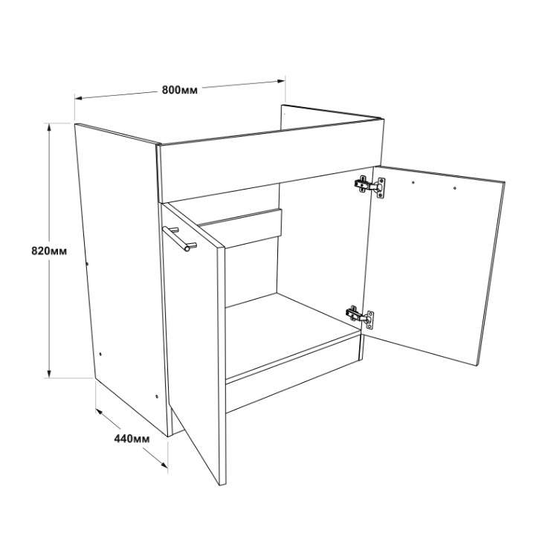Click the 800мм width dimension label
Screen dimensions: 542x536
180,90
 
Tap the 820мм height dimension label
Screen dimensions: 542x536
49,251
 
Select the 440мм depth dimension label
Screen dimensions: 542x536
132,439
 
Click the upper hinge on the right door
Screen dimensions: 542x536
370,186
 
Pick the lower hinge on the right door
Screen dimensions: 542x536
360,316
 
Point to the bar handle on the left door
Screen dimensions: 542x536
180,238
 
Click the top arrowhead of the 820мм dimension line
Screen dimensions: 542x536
49,128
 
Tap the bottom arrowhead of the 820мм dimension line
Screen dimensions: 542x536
49,374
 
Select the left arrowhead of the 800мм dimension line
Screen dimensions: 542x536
79,98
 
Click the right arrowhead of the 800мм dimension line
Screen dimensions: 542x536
281,81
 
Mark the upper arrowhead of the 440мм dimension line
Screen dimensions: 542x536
100,412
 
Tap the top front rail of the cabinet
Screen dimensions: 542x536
271,161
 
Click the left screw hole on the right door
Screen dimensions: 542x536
413,182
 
